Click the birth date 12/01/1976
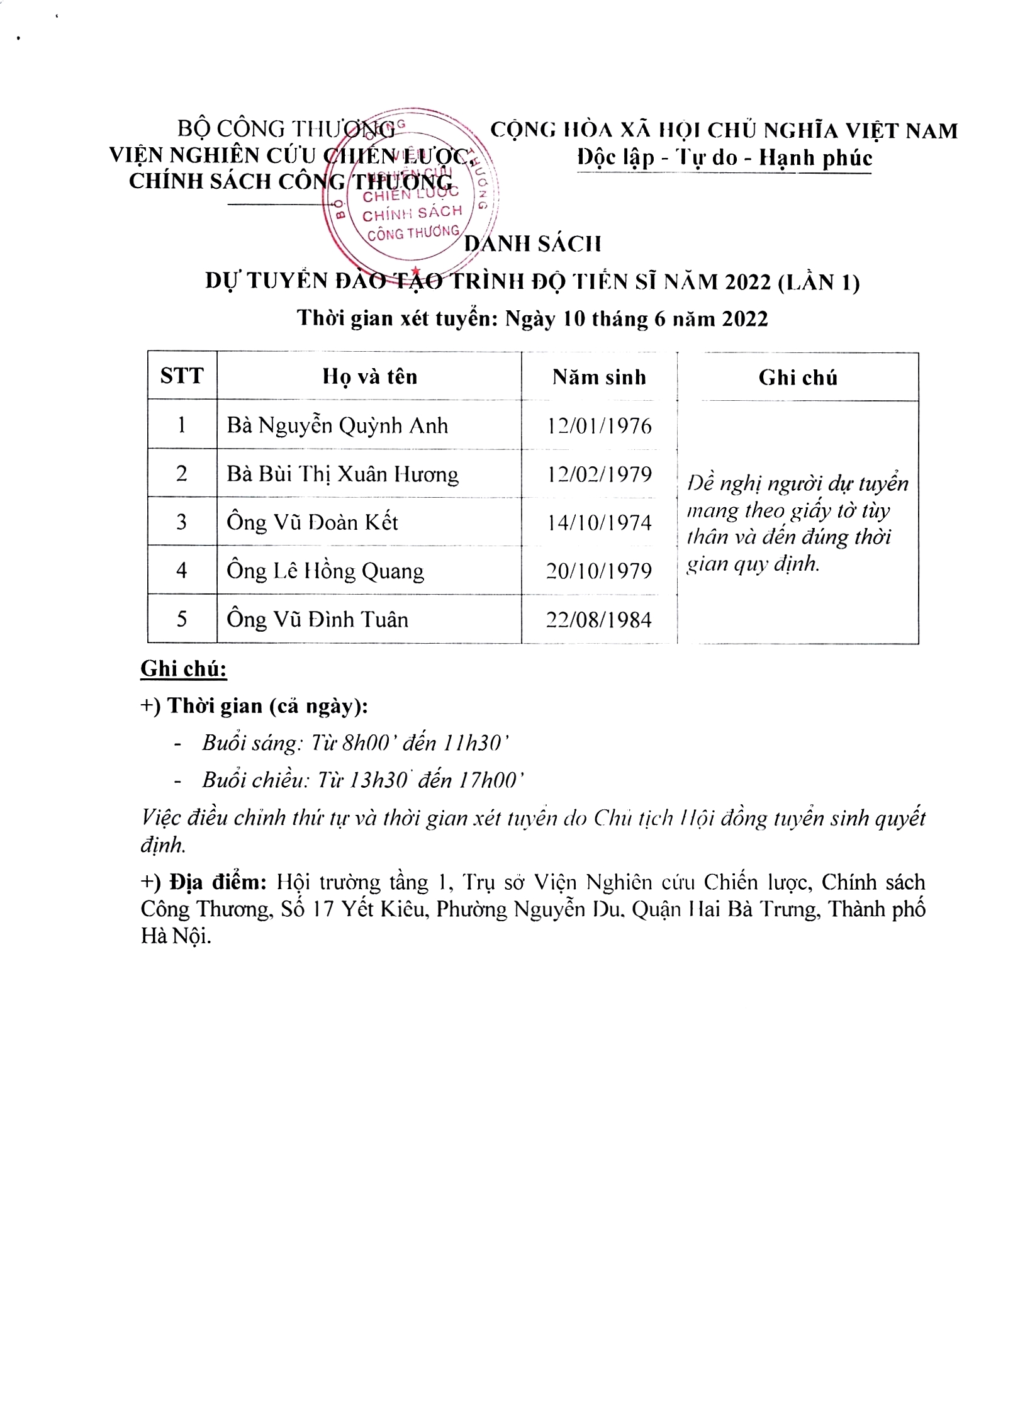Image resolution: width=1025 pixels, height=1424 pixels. (x=599, y=426)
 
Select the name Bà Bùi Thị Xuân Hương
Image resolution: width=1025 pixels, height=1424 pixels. (x=342, y=474)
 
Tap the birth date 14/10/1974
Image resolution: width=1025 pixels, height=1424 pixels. (x=599, y=522)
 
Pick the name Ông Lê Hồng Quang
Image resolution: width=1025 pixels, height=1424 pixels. (x=325, y=571)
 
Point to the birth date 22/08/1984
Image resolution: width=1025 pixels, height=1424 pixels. (x=599, y=620)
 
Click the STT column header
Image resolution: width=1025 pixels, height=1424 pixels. (x=182, y=376)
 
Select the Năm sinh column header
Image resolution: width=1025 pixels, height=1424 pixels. (x=599, y=377)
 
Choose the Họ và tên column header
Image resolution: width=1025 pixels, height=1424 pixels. (x=369, y=376)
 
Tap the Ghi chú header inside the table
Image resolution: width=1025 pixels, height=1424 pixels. (x=797, y=378)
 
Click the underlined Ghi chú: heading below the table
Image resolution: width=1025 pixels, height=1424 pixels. (x=183, y=668)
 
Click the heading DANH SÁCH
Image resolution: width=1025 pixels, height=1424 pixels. (x=532, y=244)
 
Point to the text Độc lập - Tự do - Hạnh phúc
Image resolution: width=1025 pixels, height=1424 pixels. (x=724, y=157)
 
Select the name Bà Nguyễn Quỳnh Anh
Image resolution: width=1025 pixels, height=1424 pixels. (x=337, y=426)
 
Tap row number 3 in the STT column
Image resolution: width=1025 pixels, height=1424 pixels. (x=182, y=522)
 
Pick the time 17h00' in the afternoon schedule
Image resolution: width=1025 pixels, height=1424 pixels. (x=491, y=780)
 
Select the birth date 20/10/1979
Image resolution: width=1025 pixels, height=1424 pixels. (x=599, y=571)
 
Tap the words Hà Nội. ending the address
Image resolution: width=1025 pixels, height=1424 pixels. (x=176, y=936)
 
